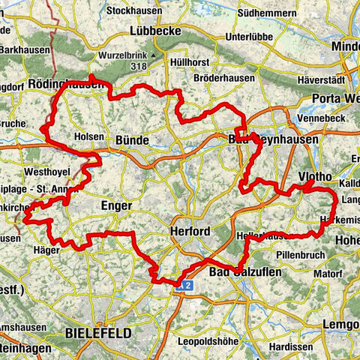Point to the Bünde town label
pos(133,140)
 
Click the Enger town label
pos(115,205)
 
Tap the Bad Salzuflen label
pos(244,271)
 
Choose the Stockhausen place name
pos(136,11)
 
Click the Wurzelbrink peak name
pos(121,55)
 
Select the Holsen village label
pos(89,136)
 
